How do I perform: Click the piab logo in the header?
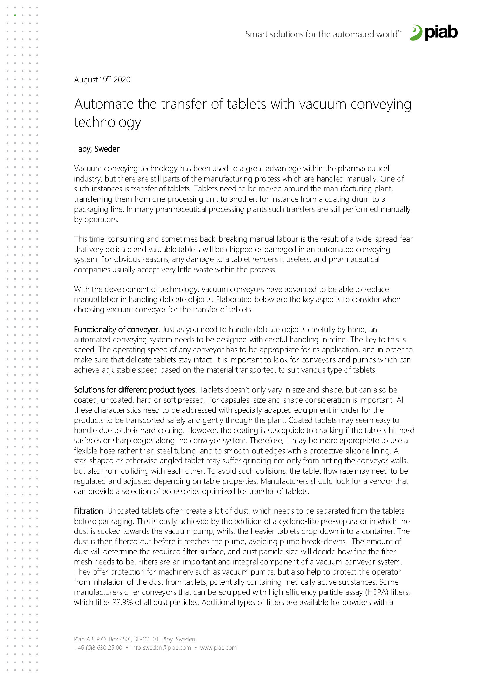pyautogui.click(x=434, y=32)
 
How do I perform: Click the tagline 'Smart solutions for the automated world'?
pyautogui.click(x=323, y=34)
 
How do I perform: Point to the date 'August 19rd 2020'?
pyautogui.click(x=102, y=79)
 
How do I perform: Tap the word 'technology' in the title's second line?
pyautogui.click(x=108, y=122)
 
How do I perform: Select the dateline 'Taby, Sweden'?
pyautogui.click(x=97, y=149)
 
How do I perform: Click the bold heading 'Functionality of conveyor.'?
pyautogui.click(x=117, y=329)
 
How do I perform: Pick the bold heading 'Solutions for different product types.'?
pyautogui.click(x=135, y=390)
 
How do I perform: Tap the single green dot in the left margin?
pyautogui.click(x=15, y=15)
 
